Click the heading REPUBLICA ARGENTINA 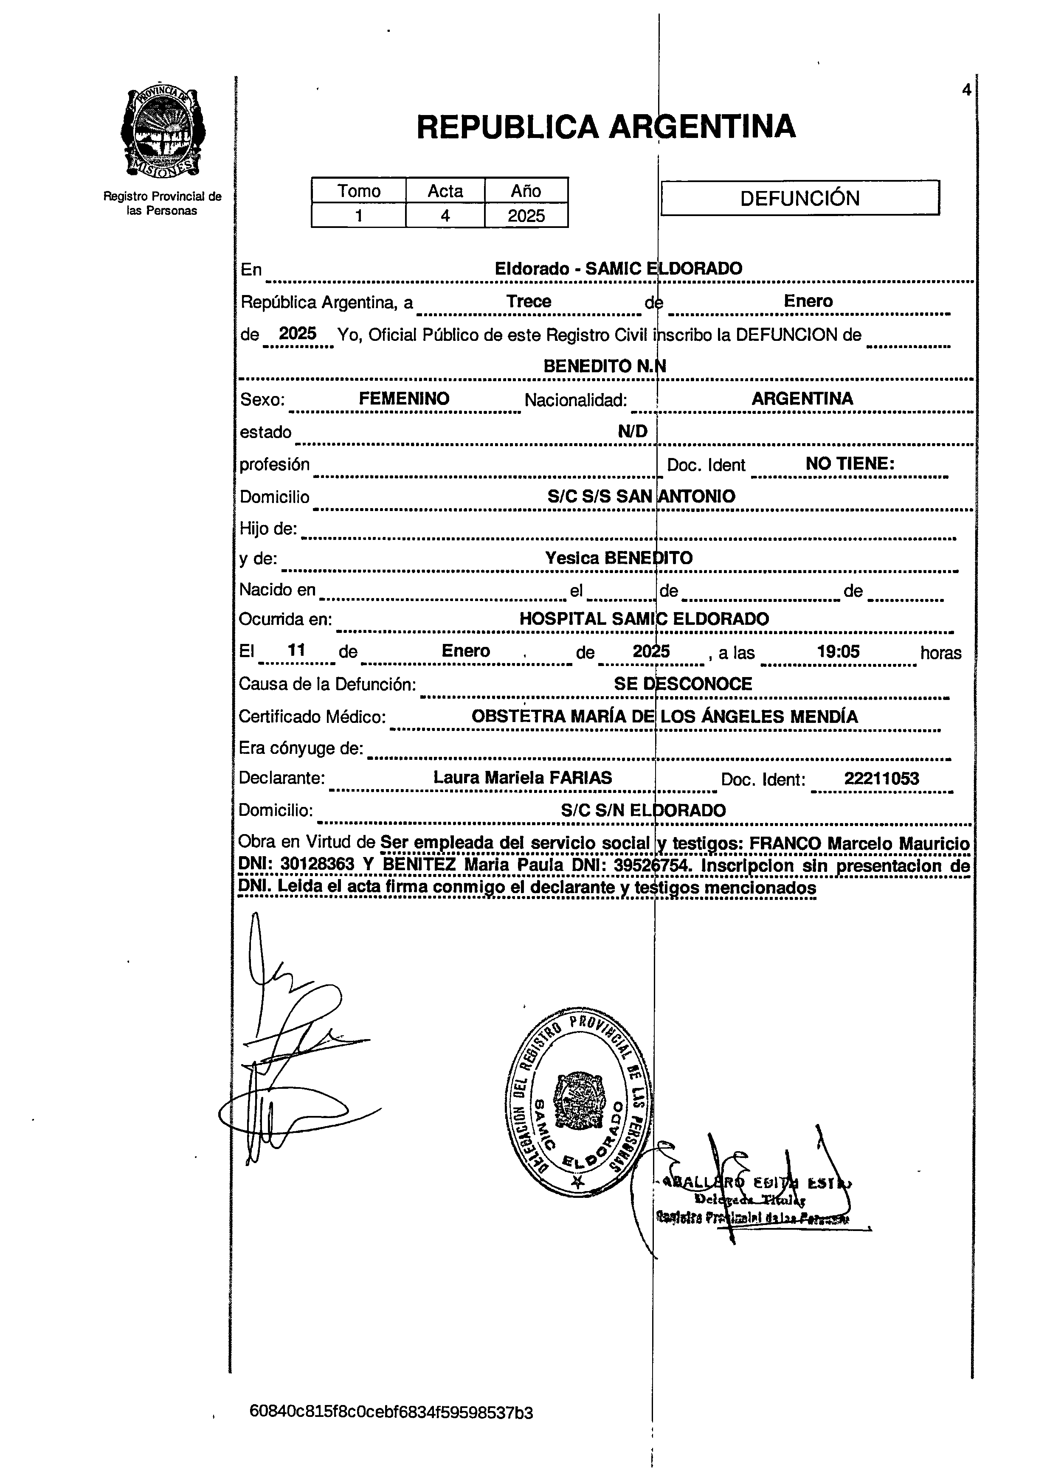pyautogui.click(x=605, y=126)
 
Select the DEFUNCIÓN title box pyautogui.click(x=799, y=198)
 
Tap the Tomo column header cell pyautogui.click(x=359, y=191)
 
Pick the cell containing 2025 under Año pyautogui.click(x=526, y=216)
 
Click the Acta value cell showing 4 pyautogui.click(x=445, y=216)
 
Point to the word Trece pyautogui.click(x=529, y=301)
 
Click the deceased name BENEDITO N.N pyautogui.click(x=604, y=366)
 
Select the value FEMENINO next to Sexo pyautogui.click(x=404, y=398)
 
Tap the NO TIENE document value pyautogui.click(x=849, y=464)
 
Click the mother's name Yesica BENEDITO pyautogui.click(x=619, y=558)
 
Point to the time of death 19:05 pyautogui.click(x=838, y=651)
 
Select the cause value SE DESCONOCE pyautogui.click(x=683, y=684)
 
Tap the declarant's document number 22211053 pyautogui.click(x=881, y=778)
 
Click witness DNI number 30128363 pyautogui.click(x=318, y=865)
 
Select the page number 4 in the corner pyautogui.click(x=966, y=90)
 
